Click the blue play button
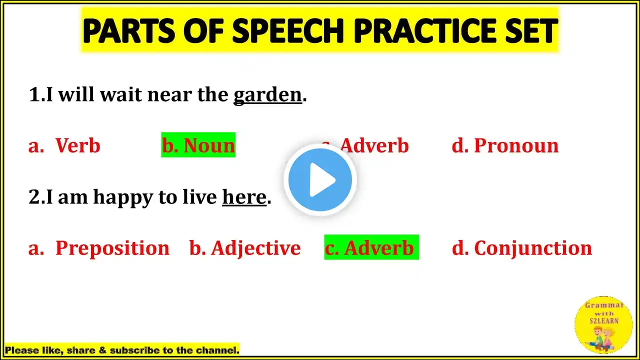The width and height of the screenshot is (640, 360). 320,179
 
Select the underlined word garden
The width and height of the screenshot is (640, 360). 267,95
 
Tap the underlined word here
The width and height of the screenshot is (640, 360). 244,197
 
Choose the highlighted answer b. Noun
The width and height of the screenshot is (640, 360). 198,145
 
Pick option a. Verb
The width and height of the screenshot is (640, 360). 64,145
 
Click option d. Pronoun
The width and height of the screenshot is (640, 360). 505,145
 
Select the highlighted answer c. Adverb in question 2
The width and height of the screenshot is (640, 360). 371,247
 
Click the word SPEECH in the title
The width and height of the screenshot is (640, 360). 288,30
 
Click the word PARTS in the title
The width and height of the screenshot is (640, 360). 128,30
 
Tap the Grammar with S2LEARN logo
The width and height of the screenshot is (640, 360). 603,325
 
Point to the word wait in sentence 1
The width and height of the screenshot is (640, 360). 121,95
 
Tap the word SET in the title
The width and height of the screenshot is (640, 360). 532,30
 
